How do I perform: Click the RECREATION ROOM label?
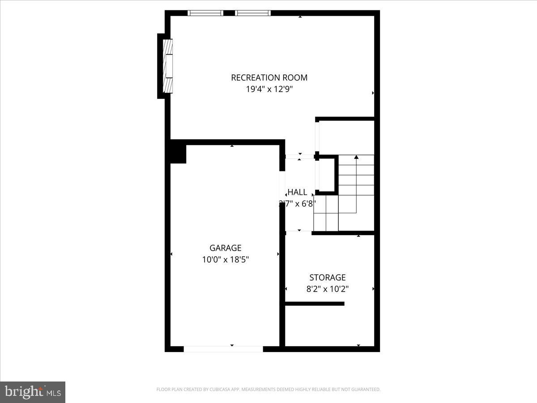tap(269, 77)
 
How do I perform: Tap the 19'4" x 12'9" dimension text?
tap(269, 89)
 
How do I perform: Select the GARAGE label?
tap(225, 248)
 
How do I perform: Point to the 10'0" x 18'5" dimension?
tap(225, 259)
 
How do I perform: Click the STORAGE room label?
tap(328, 278)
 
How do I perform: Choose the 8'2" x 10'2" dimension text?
tap(328, 289)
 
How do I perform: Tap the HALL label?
tap(297, 192)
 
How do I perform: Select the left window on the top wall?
tap(205, 13)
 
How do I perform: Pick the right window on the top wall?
tap(253, 13)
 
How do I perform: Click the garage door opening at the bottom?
tap(223, 349)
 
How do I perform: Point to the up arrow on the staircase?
tap(356, 158)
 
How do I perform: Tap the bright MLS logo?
tap(33, 392)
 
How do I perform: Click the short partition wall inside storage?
tap(315, 304)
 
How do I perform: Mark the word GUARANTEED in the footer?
tap(364, 390)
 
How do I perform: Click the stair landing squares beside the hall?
tap(325, 213)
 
